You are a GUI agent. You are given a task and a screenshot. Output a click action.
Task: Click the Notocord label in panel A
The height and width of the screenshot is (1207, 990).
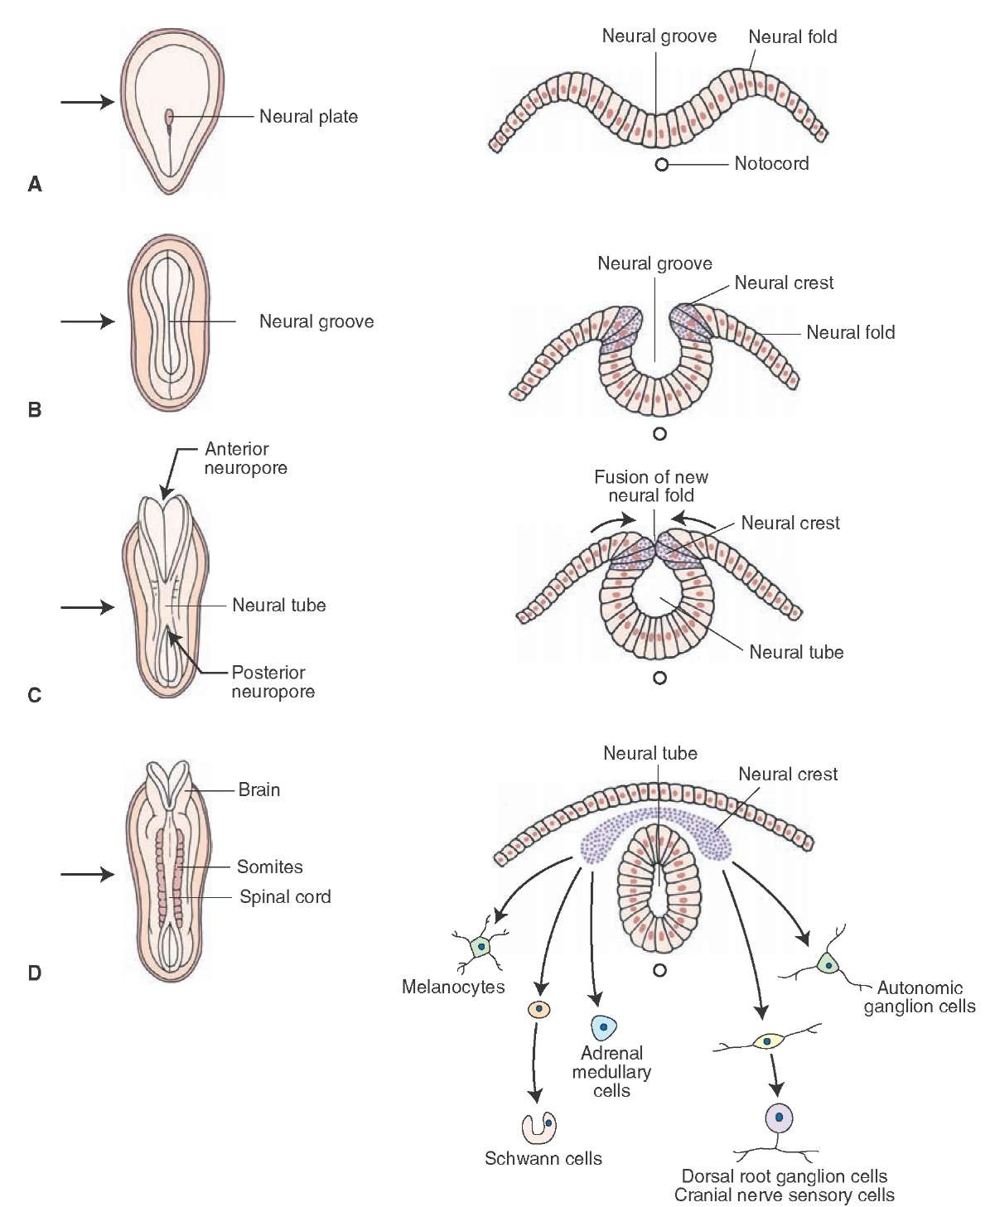pos(771,163)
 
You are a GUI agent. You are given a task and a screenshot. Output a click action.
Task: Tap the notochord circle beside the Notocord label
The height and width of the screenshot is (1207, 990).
pos(661,165)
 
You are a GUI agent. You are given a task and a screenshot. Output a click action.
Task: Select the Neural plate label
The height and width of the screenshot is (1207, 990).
pos(308,117)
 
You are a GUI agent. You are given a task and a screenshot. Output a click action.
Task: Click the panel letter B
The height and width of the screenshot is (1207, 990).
pos(35,409)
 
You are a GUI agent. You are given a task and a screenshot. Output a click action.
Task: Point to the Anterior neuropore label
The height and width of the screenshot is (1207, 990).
pos(246,458)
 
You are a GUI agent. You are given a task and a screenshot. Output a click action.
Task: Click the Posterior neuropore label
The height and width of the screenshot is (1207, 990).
pos(273,682)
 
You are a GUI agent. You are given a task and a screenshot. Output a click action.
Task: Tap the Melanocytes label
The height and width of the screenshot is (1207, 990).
pos(453,987)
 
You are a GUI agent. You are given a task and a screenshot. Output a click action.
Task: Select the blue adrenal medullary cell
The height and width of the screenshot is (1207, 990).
pos(604,1027)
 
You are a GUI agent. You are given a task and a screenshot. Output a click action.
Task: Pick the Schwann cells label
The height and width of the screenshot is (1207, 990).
pos(543,1158)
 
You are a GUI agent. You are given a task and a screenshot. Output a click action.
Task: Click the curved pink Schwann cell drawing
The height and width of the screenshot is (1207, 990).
pos(538,1127)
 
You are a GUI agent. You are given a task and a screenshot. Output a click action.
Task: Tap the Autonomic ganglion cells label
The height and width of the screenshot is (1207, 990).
pos(920,997)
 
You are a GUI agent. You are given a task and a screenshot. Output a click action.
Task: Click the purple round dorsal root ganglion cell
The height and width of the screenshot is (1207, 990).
pos(779,1118)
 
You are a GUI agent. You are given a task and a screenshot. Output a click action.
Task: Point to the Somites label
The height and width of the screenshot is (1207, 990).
pos(269,867)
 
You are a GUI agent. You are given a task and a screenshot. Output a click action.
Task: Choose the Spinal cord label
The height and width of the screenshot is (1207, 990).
pos(285,896)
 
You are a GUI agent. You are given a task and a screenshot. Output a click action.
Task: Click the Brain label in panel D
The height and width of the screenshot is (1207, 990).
pos(258,789)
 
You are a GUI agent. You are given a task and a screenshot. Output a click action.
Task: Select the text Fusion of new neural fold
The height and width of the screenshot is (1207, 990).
pos(651,486)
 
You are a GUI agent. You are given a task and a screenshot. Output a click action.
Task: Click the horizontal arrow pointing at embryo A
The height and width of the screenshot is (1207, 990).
pos(86,102)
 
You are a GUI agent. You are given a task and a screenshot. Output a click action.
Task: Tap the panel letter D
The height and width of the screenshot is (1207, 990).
pos(35,973)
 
